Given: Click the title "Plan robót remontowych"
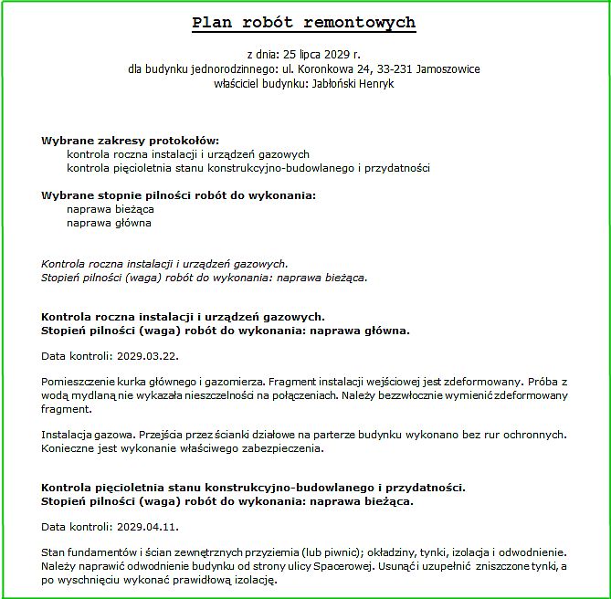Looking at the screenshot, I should click(304, 23).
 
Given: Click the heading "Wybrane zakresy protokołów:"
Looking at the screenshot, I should click(131, 141).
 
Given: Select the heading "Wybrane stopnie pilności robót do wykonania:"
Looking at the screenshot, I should click(179, 195).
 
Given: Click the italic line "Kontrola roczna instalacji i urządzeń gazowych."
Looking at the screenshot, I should click(165, 263).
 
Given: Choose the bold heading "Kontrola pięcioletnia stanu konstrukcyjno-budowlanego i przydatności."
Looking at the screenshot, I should click(254, 488).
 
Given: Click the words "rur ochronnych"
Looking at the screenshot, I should click(531, 435).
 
